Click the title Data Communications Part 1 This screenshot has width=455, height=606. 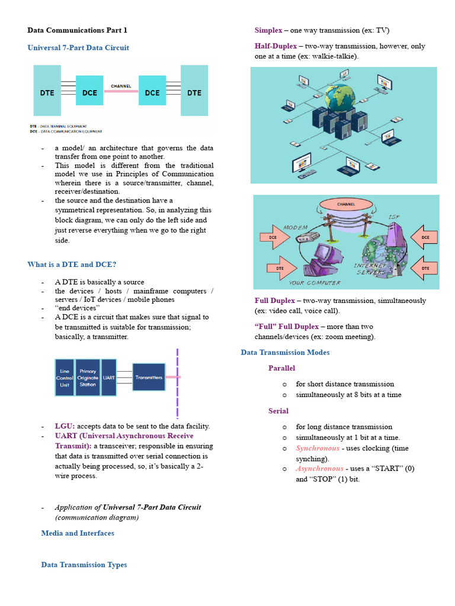click(x=77, y=30)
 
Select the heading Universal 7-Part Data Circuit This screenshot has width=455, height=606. click(x=78, y=48)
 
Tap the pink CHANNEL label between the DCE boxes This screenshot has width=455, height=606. click(x=121, y=86)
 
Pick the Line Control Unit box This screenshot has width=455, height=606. click(x=65, y=377)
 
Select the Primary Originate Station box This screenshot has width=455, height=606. click(x=88, y=377)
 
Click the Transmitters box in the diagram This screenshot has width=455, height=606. click(x=149, y=377)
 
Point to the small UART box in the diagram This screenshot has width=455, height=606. click(x=109, y=377)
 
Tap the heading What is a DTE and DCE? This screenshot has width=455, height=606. click(x=72, y=265)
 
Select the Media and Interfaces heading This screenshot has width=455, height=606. click(x=78, y=533)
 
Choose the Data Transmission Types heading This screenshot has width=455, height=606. click(x=84, y=565)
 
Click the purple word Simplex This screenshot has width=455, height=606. click(x=268, y=30)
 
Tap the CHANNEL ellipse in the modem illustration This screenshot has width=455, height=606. click(x=347, y=205)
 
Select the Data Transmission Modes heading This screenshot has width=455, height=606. click(x=285, y=353)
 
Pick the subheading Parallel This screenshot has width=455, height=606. click(x=281, y=368)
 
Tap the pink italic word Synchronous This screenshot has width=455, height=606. click(x=318, y=449)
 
